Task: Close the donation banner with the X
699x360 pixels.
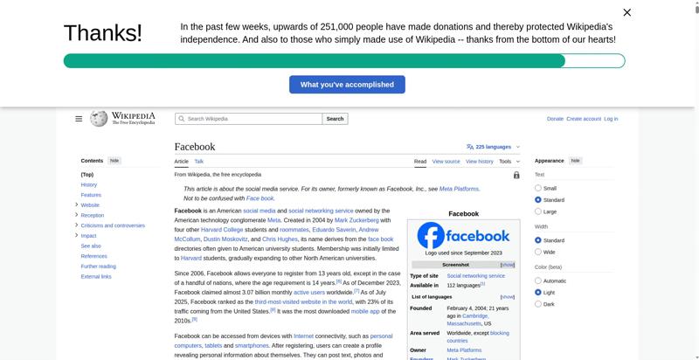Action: [x=626, y=12]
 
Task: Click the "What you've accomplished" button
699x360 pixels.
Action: [x=347, y=85]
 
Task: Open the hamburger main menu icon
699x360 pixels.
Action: [x=79, y=119]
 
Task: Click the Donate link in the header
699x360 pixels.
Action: [x=555, y=119]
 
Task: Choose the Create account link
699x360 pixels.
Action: [x=584, y=119]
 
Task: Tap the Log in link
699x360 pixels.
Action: [x=611, y=119]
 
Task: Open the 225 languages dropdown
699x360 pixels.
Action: [x=493, y=147]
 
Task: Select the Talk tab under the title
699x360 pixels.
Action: [x=199, y=162]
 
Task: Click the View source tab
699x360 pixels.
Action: [x=446, y=162]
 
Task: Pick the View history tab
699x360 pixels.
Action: [x=479, y=162]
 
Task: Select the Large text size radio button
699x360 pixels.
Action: [x=538, y=211]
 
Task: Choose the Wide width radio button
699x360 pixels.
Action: [x=538, y=252]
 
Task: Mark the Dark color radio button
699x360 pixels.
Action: [x=538, y=304]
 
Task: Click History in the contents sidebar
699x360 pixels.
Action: [x=89, y=184]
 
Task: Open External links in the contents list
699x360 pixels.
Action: [x=96, y=276]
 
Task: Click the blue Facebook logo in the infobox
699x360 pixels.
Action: [x=463, y=236]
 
